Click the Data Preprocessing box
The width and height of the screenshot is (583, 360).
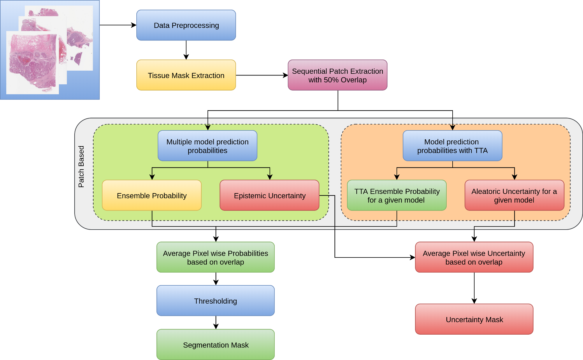point(186,25)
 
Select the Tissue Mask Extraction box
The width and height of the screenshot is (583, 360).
point(186,75)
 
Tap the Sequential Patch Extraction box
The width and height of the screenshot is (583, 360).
point(337,75)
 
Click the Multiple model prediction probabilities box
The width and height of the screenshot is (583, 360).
point(207,146)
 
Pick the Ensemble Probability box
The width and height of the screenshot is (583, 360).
point(151,195)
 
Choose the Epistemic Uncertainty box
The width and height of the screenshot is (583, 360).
point(269,195)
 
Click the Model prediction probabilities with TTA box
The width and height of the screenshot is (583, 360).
point(452,146)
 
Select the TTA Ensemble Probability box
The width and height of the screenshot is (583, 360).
point(397,195)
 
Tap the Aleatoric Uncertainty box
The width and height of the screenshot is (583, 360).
point(514,195)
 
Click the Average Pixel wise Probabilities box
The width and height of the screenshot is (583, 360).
point(215,257)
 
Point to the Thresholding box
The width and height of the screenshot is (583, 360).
point(215,301)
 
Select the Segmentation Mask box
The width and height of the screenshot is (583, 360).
point(215,345)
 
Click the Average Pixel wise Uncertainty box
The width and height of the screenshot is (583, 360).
point(474,257)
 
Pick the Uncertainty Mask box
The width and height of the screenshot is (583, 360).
point(474,319)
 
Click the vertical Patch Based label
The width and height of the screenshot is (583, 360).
point(81,167)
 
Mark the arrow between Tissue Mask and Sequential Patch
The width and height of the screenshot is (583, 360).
point(262,75)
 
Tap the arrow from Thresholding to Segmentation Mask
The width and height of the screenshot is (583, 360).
point(216,322)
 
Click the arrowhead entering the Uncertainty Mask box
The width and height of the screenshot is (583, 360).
point(474,301)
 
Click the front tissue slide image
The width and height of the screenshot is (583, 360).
point(33,63)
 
